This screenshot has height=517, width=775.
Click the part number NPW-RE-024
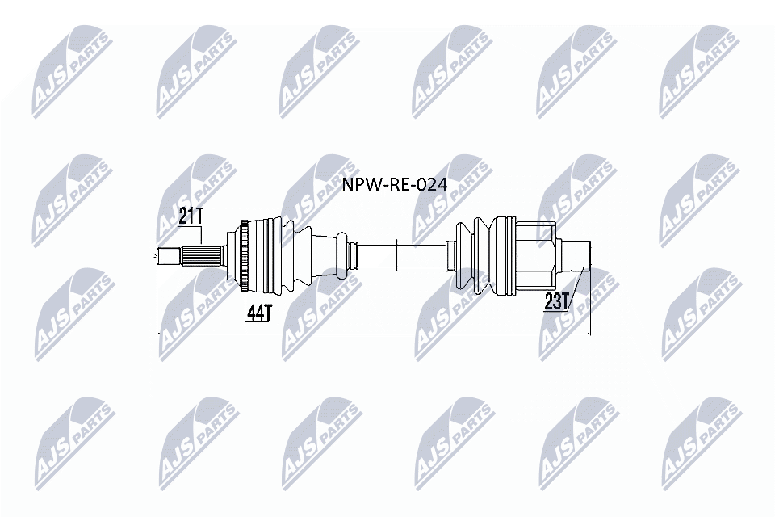pyautogui.click(x=395, y=186)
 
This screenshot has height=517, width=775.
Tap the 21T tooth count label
pyautogui.click(x=191, y=216)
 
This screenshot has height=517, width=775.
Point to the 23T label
pyautogui.click(x=556, y=302)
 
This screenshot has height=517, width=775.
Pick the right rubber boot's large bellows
pyautogui.click(x=483, y=254)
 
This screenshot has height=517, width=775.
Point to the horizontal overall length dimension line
pyautogui.click(x=371, y=333)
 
